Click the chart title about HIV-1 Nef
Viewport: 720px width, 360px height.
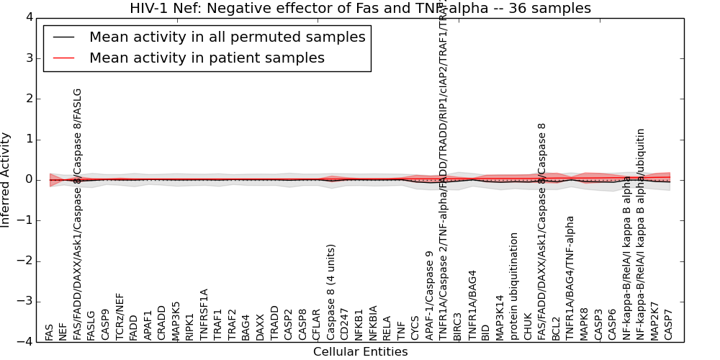pyautogui.click(x=360, y=9)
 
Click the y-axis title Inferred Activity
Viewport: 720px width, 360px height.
pyautogui.click(x=6, y=179)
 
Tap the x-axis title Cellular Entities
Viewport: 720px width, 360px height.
pyautogui.click(x=360, y=352)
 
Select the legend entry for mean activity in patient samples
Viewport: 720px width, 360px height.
pyautogui.click(x=207, y=58)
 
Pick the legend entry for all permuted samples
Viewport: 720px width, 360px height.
pyautogui.click(x=227, y=37)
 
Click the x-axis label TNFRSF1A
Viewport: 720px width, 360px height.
pyautogui.click(x=204, y=314)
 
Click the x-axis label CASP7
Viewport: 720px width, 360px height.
pyautogui.click(x=669, y=325)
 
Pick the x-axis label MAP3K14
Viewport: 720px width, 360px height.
pyautogui.click(x=500, y=318)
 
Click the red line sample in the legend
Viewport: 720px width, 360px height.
pyautogui.click(x=63, y=58)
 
